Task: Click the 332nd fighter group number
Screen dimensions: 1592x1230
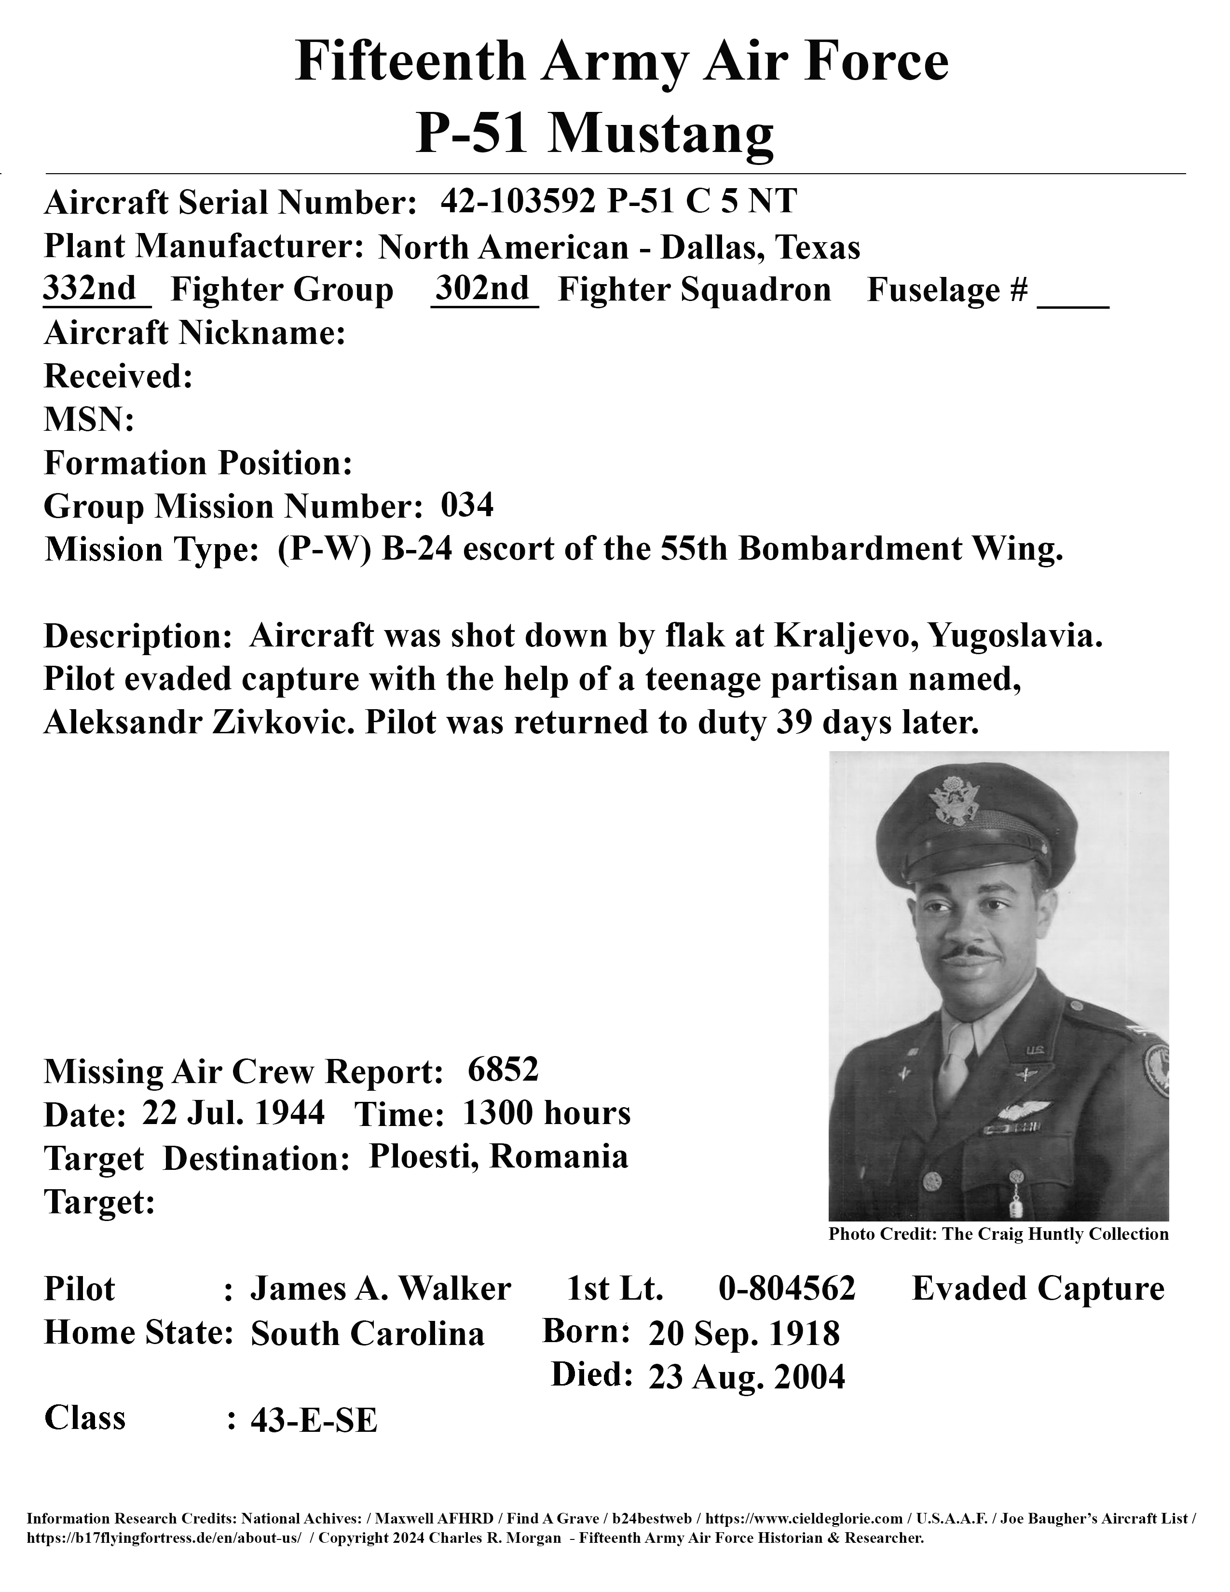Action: pos(90,288)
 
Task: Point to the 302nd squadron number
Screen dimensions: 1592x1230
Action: pos(482,288)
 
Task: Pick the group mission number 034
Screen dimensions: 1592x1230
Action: pos(467,505)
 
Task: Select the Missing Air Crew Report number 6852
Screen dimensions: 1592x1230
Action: pos(503,1070)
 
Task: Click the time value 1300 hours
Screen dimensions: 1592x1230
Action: pos(547,1113)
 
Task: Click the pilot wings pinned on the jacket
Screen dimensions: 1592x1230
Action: pos(1023,1110)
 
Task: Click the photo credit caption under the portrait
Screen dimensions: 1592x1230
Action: pos(998,1234)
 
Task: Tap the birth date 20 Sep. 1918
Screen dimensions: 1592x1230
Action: pos(744,1333)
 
